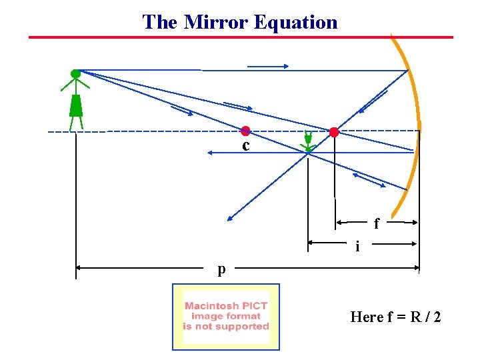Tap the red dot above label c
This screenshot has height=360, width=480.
click(x=245, y=131)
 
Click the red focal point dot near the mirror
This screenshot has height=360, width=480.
click(x=334, y=132)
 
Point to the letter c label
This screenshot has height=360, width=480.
click(x=246, y=145)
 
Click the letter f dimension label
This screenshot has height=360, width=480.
click(x=377, y=224)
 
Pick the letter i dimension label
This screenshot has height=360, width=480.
click(x=358, y=247)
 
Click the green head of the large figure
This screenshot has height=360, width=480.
click(x=75, y=73)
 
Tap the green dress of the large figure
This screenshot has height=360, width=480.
click(x=76, y=106)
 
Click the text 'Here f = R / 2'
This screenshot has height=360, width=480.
click(x=395, y=317)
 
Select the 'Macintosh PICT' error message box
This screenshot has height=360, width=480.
click(x=226, y=317)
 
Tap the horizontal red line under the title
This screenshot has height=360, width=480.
click(x=240, y=37)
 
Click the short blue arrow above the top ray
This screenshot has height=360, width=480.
click(x=267, y=66)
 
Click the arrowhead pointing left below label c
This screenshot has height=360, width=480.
click(x=209, y=153)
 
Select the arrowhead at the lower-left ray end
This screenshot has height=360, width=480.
click(x=229, y=218)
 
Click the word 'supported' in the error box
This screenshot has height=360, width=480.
click(x=243, y=327)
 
